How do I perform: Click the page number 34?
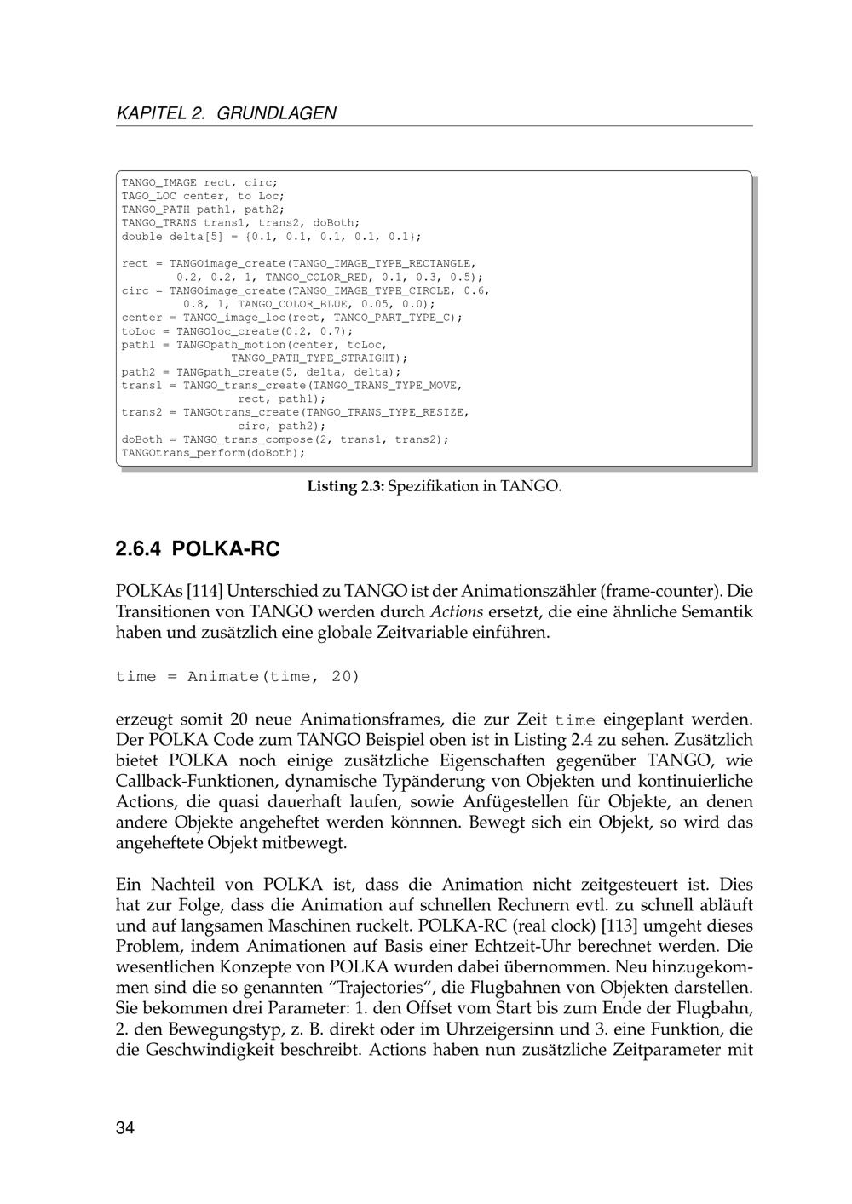[x=125, y=1129]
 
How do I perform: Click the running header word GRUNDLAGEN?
[x=277, y=113]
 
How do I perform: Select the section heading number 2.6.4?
[x=138, y=549]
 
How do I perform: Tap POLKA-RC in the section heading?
[x=226, y=549]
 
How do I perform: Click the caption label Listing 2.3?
[x=346, y=486]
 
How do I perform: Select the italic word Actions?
[x=456, y=612]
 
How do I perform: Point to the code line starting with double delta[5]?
[x=271, y=236]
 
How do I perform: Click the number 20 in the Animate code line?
[x=345, y=677]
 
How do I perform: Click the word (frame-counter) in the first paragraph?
[x=659, y=591]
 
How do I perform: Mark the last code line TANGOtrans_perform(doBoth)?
[x=213, y=453]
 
